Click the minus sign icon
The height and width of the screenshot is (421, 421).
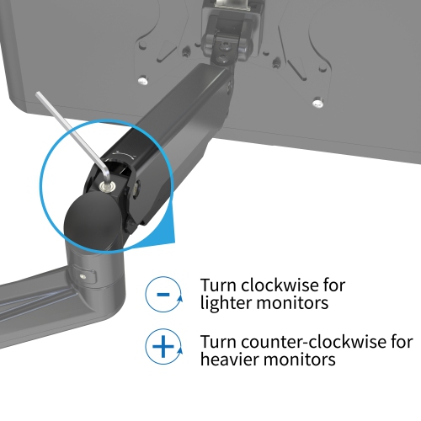tap(163, 294)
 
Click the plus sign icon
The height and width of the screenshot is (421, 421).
tap(163, 346)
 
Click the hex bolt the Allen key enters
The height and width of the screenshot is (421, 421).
tap(107, 186)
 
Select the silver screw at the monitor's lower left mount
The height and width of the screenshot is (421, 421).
tap(143, 80)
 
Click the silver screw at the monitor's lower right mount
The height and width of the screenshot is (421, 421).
tap(317, 103)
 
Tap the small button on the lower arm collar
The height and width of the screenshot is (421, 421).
tap(82, 276)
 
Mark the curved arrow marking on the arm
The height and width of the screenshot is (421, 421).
tap(125, 153)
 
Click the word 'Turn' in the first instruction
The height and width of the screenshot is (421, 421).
tap(218, 285)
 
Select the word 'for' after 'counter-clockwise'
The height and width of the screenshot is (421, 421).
tap(402, 341)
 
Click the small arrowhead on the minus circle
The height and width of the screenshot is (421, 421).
tap(179, 299)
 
